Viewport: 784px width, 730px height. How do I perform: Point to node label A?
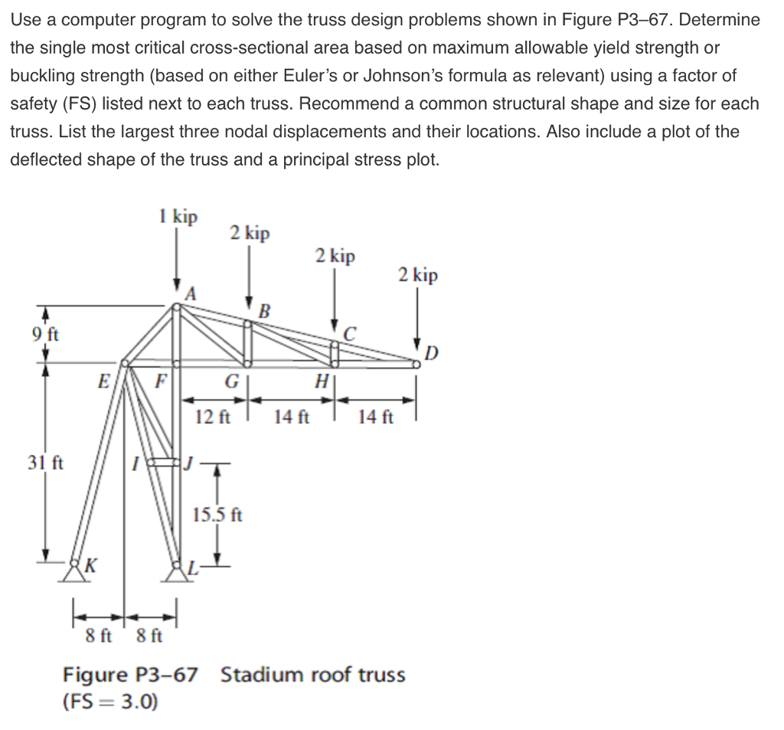pos(191,292)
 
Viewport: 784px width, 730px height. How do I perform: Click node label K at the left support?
pos(90,566)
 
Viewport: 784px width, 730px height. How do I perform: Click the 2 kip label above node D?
pos(418,275)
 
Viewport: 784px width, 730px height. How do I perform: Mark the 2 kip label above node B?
pos(250,233)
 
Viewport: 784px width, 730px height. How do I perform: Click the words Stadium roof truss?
pos(312,675)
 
